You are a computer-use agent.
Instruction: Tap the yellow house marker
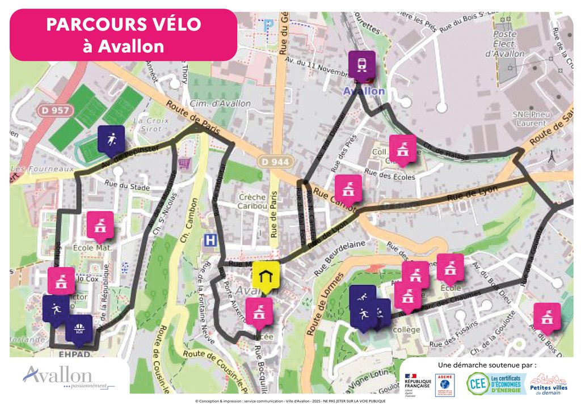pyautogui.click(x=265, y=276)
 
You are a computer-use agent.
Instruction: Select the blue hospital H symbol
pyautogui.click(x=210, y=240)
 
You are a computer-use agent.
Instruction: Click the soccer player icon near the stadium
pyautogui.click(x=111, y=139)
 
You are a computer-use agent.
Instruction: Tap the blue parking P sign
pyautogui.click(x=268, y=26)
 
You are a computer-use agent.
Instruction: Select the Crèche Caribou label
pyautogui.click(x=252, y=201)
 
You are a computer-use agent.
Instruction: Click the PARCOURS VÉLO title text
pyautogui.click(x=123, y=24)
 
